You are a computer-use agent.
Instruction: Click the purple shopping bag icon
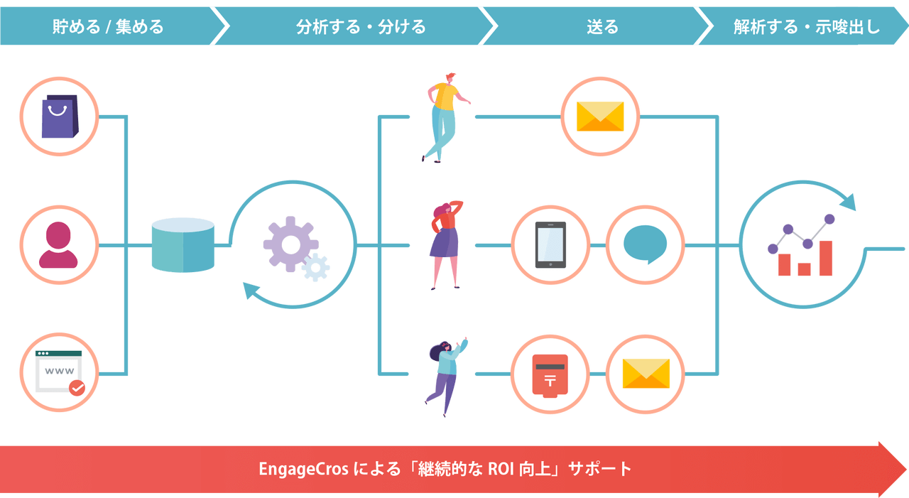(x=59, y=116)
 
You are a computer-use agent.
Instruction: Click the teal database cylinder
(x=183, y=245)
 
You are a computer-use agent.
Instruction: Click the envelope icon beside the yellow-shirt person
(x=600, y=116)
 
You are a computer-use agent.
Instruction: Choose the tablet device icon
(x=550, y=244)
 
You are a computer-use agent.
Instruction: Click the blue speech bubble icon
(x=645, y=244)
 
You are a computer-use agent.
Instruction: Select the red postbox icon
(x=550, y=374)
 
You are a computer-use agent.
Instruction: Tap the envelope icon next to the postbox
(x=646, y=374)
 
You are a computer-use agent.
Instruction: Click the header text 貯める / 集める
(x=108, y=27)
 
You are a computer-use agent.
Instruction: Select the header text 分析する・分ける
(x=361, y=27)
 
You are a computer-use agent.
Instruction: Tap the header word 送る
(x=602, y=27)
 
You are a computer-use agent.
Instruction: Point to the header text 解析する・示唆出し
(x=806, y=27)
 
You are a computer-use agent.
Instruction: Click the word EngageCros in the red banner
(x=304, y=470)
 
